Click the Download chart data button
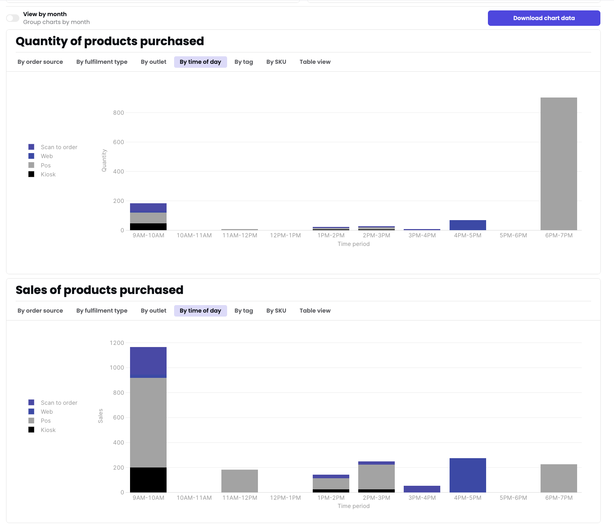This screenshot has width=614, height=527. click(x=543, y=18)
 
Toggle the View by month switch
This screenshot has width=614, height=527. click(x=13, y=18)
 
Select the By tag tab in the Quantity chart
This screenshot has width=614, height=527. click(x=244, y=62)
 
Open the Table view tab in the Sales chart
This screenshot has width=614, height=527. click(x=315, y=310)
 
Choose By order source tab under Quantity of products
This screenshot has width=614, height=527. click(x=40, y=62)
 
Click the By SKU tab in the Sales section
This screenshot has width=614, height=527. click(x=276, y=310)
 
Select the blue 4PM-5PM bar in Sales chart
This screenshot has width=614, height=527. click(x=467, y=475)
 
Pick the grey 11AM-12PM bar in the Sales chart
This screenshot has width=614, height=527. click(x=239, y=481)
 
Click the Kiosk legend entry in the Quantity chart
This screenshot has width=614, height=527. click(x=48, y=174)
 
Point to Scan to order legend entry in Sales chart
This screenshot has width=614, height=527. click(x=59, y=403)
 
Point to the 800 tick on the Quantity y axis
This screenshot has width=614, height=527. click(x=119, y=113)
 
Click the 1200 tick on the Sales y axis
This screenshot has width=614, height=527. click(x=117, y=343)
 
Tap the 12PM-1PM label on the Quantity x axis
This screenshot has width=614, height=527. click(x=285, y=235)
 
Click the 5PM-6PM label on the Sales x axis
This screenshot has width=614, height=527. click(x=513, y=498)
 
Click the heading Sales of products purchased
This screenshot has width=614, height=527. click(x=100, y=290)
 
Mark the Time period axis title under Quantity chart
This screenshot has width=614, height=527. click(x=353, y=244)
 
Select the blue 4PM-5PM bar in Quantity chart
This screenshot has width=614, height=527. click(x=467, y=225)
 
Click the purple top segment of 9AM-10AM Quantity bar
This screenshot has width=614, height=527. click(x=148, y=208)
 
